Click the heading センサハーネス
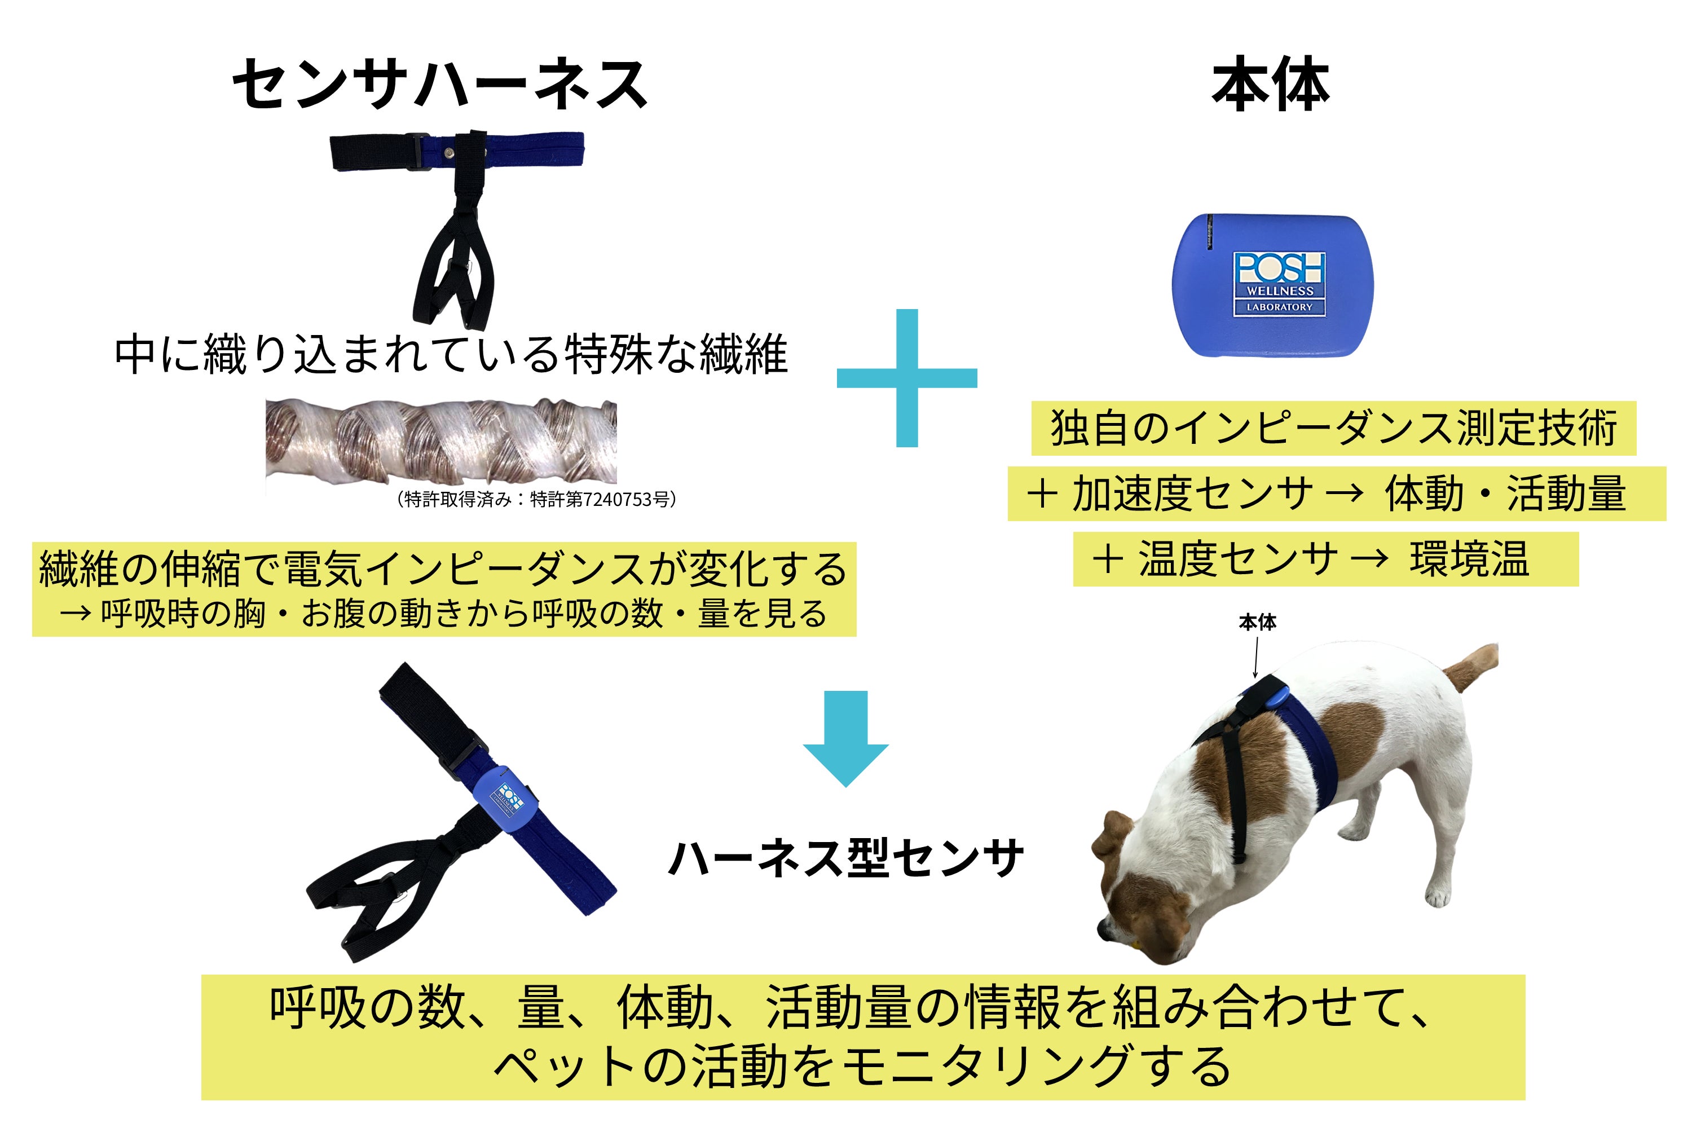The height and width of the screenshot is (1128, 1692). (440, 85)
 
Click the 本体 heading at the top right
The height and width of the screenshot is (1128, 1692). (1271, 85)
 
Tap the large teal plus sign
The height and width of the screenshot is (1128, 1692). (906, 378)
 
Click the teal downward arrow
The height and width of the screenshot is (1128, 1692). (845, 739)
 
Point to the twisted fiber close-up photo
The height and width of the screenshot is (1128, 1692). (441, 441)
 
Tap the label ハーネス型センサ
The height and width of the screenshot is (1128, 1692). (846, 858)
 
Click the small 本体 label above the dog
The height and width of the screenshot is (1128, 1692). (1258, 622)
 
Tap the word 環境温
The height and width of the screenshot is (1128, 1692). (1469, 559)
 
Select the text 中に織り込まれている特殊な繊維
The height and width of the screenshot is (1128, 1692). (452, 354)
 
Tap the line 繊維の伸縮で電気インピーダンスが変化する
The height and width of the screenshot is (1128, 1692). (444, 569)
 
